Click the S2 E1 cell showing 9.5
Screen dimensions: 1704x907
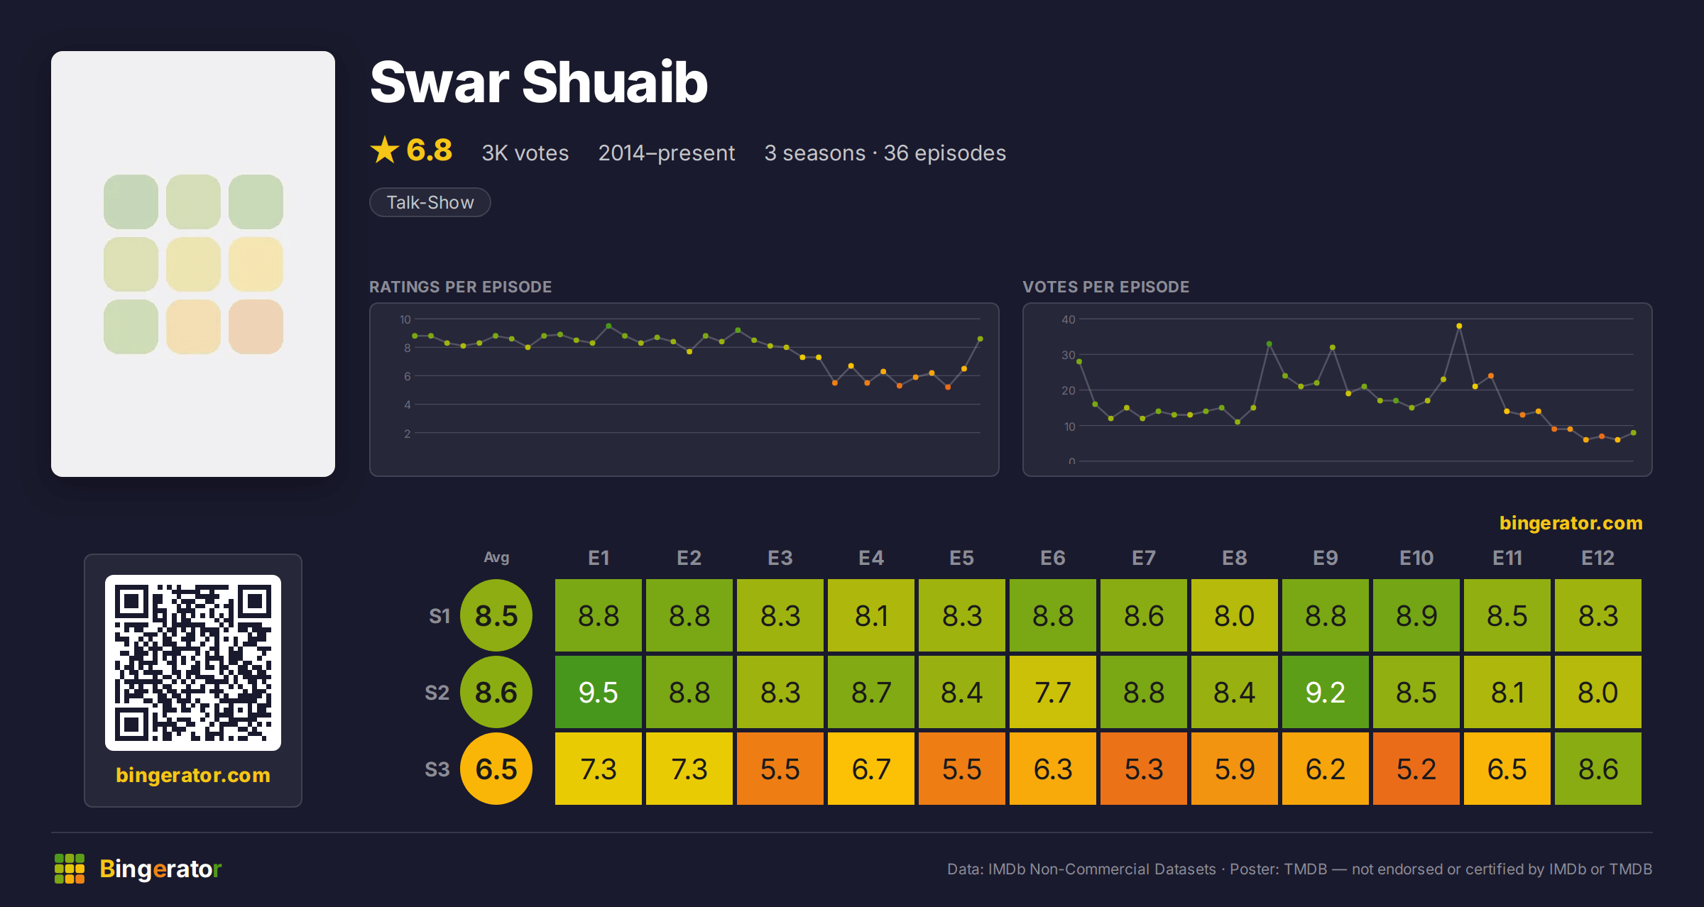(598, 692)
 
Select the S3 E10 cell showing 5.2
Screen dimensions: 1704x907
(1416, 769)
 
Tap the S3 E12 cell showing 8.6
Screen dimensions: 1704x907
(1597, 769)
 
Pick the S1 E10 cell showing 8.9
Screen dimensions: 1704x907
(1416, 615)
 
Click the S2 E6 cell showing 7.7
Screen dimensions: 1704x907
(1052, 692)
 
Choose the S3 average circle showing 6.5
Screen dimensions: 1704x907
(496, 769)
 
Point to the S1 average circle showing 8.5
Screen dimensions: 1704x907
(496, 615)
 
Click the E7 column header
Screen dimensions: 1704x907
(1143, 558)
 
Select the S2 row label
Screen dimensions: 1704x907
(437, 693)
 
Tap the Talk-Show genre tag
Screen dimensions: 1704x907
(430, 202)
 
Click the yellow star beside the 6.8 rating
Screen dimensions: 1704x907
(385, 150)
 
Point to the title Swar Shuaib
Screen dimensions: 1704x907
(539, 82)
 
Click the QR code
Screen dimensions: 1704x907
(193, 663)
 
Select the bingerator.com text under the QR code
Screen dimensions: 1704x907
(193, 775)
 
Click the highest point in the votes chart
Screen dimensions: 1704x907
(1459, 326)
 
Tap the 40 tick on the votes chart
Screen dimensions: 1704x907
(1068, 319)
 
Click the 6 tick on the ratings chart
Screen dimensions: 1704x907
(407, 376)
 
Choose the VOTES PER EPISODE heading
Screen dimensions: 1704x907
(1105, 287)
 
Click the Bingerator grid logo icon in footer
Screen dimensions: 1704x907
(70, 869)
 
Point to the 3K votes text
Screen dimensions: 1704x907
(525, 153)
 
